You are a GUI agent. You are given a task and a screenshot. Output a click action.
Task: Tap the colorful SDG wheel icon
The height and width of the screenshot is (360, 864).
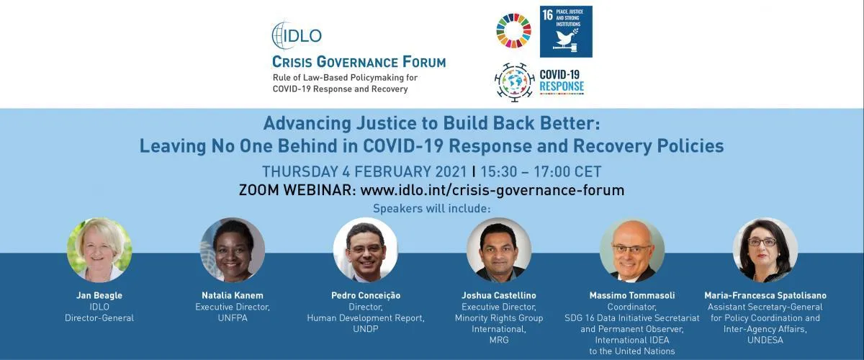[x=514, y=31]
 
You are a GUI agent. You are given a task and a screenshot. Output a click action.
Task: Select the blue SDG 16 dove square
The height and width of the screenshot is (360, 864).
[x=566, y=32]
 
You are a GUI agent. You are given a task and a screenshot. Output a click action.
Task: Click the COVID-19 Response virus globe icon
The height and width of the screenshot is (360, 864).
[x=515, y=82]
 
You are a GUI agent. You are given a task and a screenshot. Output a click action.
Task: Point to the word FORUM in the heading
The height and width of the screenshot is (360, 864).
[x=424, y=62]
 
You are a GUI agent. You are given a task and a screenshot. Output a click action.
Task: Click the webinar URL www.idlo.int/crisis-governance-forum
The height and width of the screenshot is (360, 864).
[x=492, y=190]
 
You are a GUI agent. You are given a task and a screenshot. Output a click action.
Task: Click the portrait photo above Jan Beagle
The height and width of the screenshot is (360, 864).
[x=99, y=250]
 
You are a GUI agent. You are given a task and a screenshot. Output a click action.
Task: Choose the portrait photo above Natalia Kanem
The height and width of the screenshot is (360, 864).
[x=233, y=250]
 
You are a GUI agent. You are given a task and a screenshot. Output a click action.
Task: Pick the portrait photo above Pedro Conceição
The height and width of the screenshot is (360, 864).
[x=366, y=250]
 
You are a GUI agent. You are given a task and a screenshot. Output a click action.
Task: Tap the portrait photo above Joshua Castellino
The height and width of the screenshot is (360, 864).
[x=499, y=250]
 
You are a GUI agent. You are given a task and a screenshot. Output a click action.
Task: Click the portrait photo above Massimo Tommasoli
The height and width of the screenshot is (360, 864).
[x=632, y=250]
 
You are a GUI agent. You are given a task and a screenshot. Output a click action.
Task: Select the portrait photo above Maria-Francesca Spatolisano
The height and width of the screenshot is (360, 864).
[x=765, y=250]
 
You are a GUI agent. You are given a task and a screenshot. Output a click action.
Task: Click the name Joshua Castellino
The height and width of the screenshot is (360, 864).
[x=499, y=296]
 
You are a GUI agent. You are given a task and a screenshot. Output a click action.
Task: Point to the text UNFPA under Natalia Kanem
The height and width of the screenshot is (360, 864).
[x=233, y=318]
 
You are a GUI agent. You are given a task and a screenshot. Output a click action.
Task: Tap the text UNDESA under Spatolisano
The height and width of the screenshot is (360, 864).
[x=765, y=341]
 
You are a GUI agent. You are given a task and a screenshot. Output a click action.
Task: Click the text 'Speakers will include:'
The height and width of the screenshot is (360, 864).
[x=431, y=209]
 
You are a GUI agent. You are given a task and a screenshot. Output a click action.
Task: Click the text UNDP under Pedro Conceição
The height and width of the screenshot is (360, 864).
[x=366, y=329]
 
